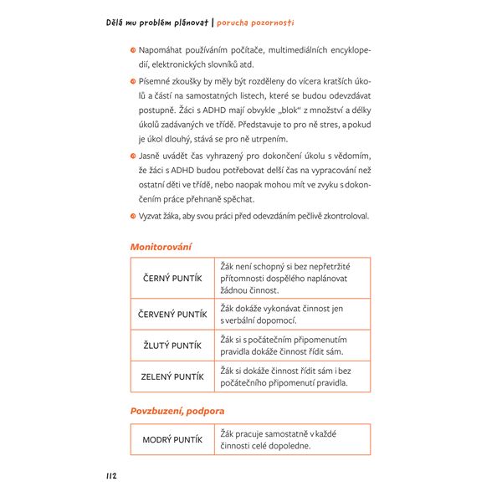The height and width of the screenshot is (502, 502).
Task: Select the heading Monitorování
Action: (161, 247)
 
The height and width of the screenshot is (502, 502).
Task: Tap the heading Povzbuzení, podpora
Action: (177, 411)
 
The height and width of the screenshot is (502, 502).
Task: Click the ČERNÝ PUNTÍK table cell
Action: (172, 279)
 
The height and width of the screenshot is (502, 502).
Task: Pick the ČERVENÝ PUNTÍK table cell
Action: (172, 315)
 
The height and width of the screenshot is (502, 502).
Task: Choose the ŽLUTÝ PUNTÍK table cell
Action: (172, 346)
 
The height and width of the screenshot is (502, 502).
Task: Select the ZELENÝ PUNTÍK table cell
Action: (172, 376)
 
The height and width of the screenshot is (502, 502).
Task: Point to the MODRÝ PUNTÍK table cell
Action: (172, 439)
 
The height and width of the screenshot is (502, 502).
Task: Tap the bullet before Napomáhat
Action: (132, 49)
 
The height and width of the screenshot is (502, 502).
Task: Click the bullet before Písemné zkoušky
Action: (132, 81)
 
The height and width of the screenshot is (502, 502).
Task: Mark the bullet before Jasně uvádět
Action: (132, 156)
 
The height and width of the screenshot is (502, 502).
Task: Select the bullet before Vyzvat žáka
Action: (132, 217)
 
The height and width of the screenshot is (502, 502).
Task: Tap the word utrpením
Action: (288, 139)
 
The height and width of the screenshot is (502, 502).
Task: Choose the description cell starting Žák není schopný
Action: (292, 278)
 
